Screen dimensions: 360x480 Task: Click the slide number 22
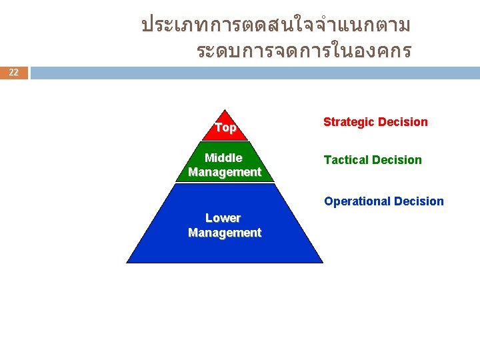14,73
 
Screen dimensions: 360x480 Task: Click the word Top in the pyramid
225,127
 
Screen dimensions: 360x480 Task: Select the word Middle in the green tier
223,158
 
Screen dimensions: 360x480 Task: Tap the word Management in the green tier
225,172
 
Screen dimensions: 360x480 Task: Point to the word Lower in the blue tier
223,218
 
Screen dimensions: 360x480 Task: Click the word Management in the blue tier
225,233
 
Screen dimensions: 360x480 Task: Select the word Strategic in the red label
349,122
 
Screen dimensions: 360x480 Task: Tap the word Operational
357,201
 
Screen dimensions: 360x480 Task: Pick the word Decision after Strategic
403,122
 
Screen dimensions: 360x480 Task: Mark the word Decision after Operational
419,201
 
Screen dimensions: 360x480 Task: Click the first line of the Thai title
275,26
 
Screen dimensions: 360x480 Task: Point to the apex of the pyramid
225,110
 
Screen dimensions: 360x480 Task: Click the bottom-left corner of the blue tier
127,262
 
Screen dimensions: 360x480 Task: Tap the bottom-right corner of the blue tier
322,262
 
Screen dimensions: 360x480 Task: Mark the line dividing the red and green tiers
225,141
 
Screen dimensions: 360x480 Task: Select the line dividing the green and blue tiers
225,183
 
